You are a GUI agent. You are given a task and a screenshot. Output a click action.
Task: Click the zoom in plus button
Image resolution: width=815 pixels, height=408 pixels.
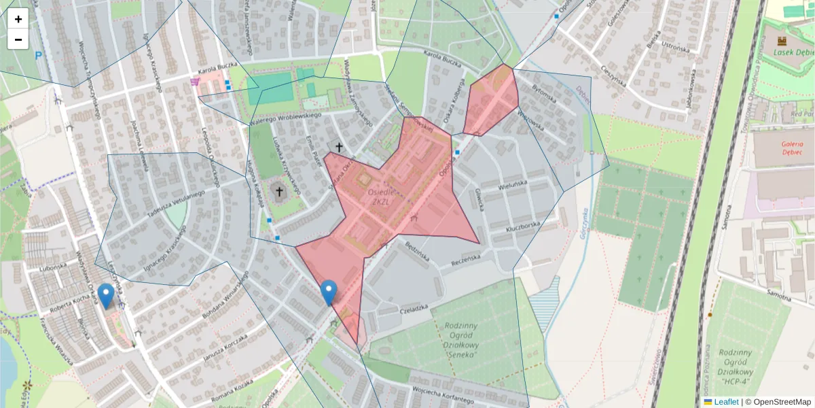18,19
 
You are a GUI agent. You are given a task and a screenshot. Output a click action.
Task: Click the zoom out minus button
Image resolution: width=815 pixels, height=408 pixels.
18,39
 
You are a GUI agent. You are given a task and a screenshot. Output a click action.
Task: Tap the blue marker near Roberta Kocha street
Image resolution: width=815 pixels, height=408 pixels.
106,296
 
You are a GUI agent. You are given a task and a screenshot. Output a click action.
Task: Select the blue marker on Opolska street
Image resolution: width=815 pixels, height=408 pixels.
329,292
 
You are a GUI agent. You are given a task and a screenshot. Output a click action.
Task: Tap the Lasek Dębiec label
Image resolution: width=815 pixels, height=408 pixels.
795,54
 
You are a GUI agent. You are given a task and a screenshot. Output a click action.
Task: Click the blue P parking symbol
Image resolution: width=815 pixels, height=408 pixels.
38,56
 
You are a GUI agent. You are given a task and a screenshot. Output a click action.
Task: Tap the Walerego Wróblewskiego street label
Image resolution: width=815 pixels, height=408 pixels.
284,117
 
